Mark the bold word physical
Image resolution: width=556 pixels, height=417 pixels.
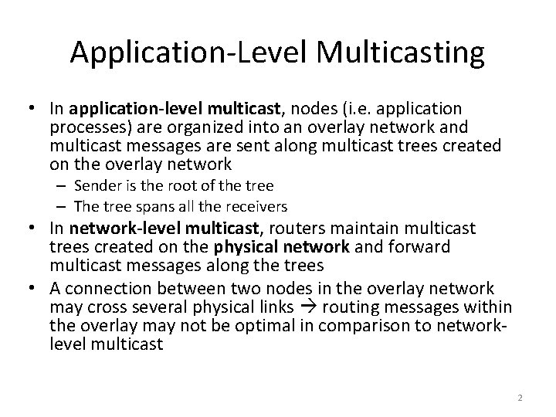click(x=272, y=246)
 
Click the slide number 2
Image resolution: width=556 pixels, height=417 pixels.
click(x=520, y=398)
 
